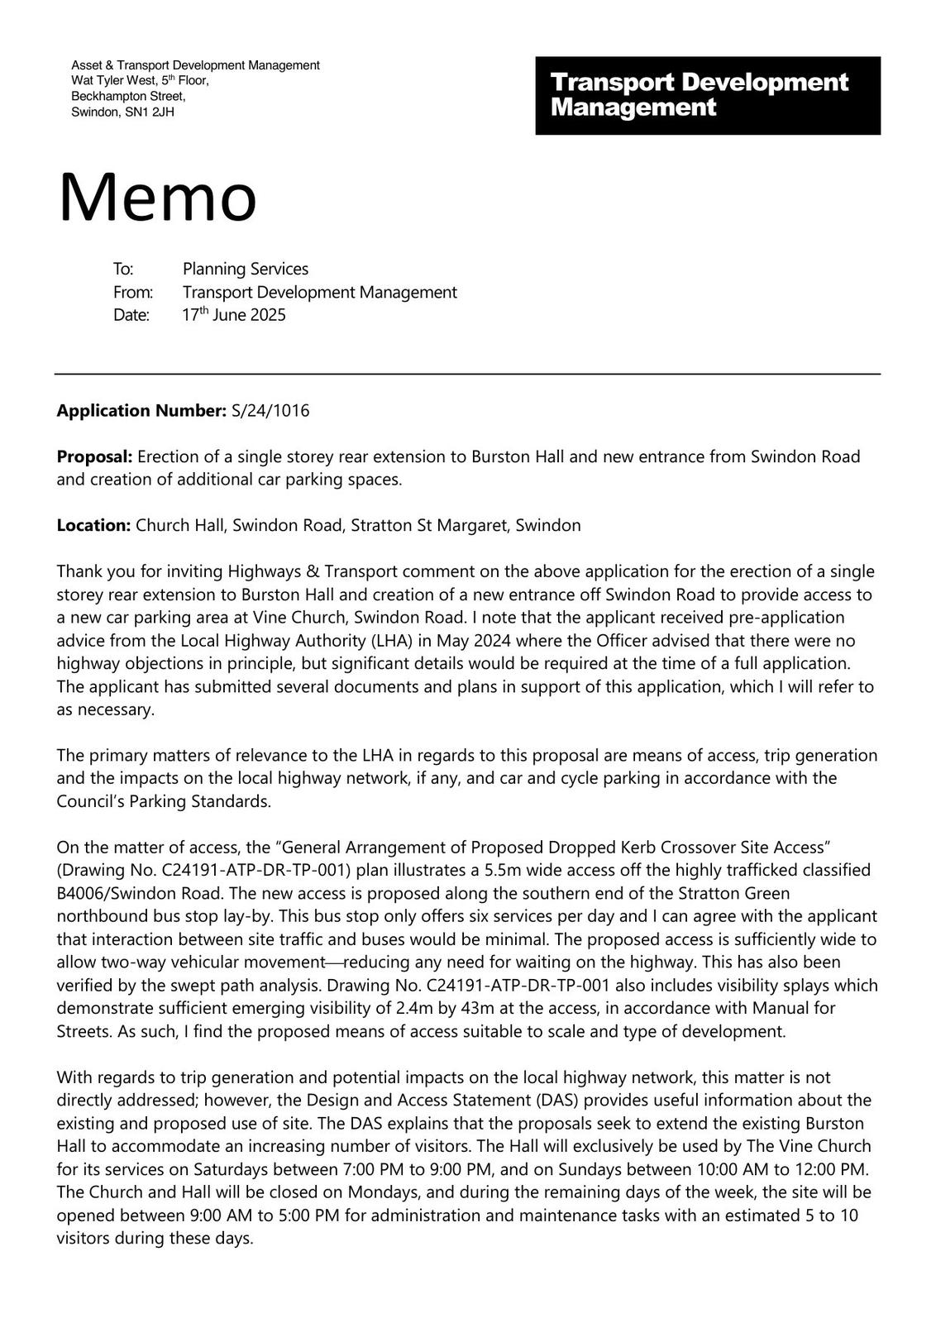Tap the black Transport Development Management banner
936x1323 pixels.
707,95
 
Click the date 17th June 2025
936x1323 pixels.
234,315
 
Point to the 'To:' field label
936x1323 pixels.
123,269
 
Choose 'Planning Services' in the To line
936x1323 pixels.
245,269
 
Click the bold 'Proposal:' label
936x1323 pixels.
94,456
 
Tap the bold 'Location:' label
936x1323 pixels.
93,525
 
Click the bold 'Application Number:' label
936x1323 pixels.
141,410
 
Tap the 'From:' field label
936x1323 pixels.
132,292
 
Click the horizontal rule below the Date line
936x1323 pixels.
467,374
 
